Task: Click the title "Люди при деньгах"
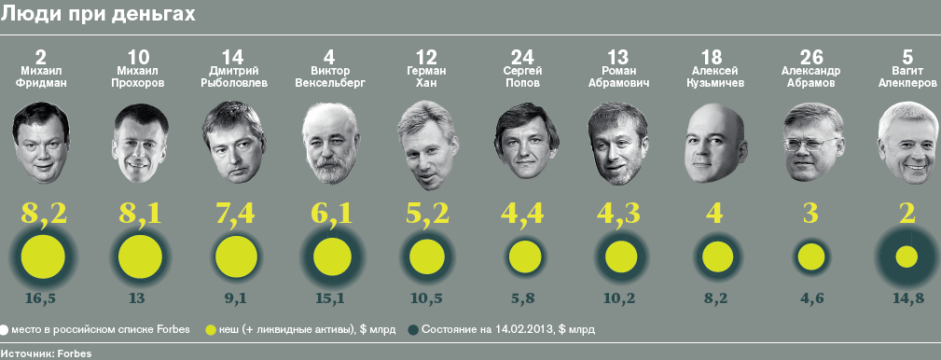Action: tap(99, 14)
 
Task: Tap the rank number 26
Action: tap(811, 57)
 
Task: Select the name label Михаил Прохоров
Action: tap(138, 77)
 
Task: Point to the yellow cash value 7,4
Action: tap(235, 213)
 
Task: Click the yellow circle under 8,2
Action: tap(43, 257)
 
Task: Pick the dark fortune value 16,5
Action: tap(42, 298)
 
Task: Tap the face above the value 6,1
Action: tap(330, 145)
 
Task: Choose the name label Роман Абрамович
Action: tap(618, 77)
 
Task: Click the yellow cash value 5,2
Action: tap(427, 213)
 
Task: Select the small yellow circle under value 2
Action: tap(906, 257)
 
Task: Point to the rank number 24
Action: tap(522, 57)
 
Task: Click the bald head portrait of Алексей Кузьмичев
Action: tap(715, 144)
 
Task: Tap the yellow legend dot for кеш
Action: tap(210, 329)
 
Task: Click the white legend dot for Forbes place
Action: tap(5, 329)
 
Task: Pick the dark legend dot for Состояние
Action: tap(412, 329)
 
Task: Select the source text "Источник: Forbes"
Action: tap(47, 353)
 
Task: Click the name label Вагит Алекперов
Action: tap(906, 77)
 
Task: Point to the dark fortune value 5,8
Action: tap(522, 298)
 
